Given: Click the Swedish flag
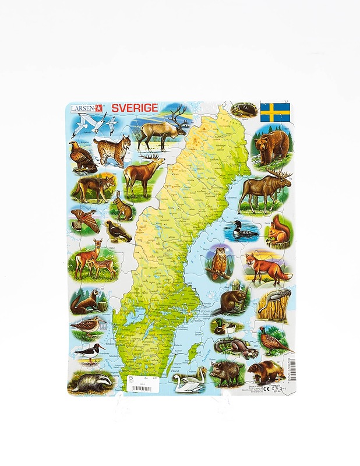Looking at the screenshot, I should click(275, 112).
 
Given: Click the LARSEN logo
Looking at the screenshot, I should click(87, 108).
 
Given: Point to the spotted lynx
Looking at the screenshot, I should click(113, 150).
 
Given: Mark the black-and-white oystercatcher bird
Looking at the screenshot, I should click(89, 351).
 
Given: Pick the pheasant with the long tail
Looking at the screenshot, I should click(273, 342).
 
